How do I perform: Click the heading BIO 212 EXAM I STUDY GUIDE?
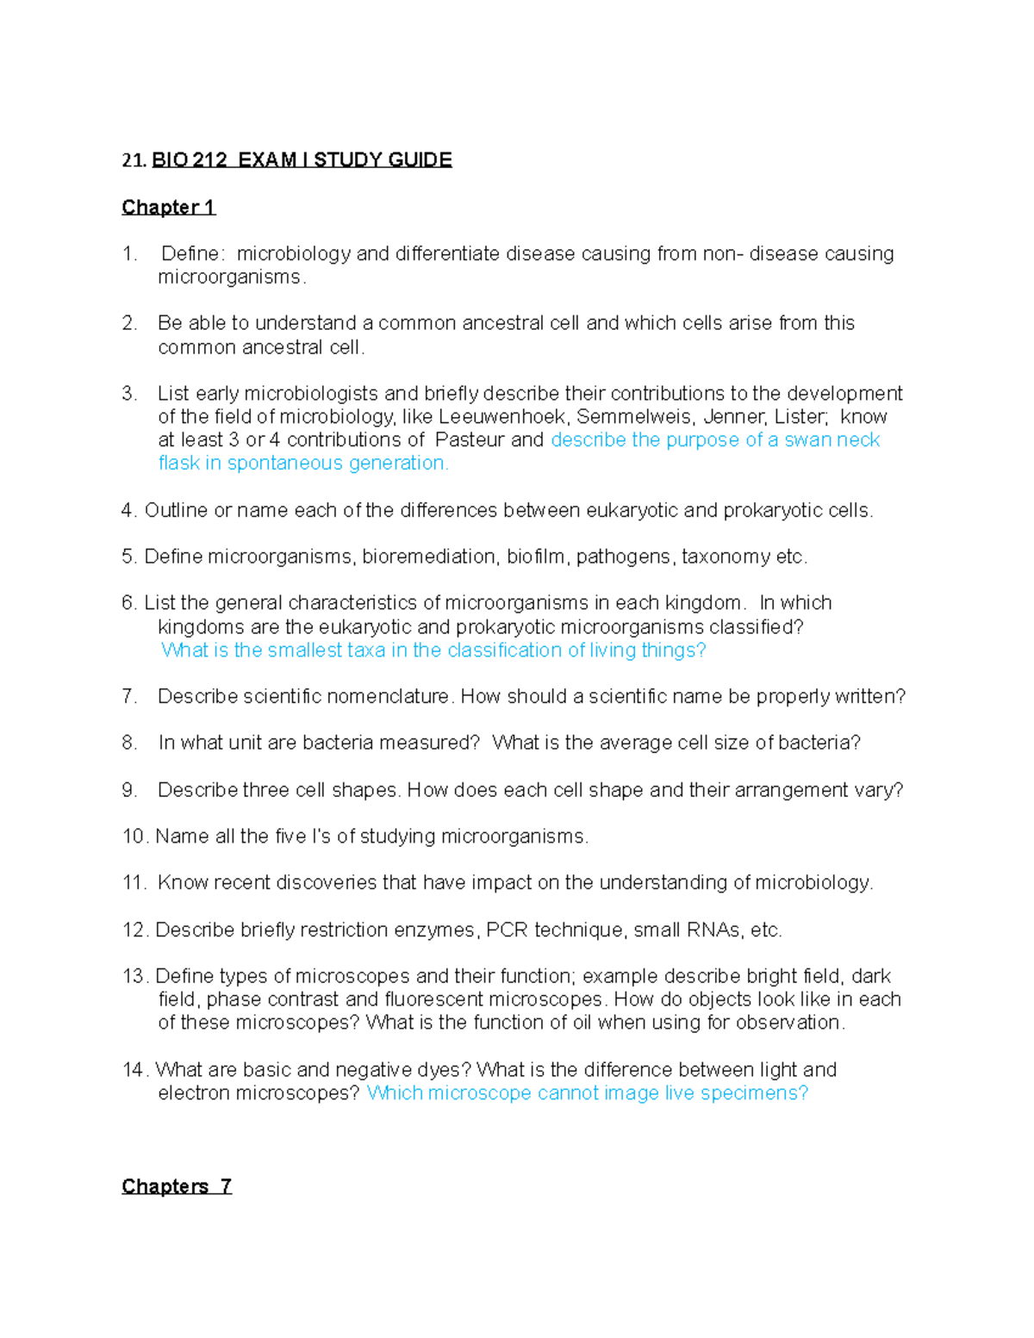pyautogui.click(x=302, y=160)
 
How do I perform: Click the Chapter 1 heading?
pyautogui.click(x=168, y=208)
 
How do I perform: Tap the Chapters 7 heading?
pyautogui.click(x=177, y=1186)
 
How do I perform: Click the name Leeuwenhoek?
pyautogui.click(x=503, y=417)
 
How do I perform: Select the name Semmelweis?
pyautogui.click(x=635, y=417)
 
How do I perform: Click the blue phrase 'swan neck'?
pyautogui.click(x=832, y=440)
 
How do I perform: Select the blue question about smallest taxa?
pyautogui.click(x=433, y=650)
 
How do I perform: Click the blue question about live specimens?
pyautogui.click(x=587, y=1093)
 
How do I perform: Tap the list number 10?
pyautogui.click(x=134, y=837)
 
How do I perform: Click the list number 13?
pyautogui.click(x=134, y=976)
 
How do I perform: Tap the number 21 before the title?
pyautogui.click(x=133, y=160)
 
